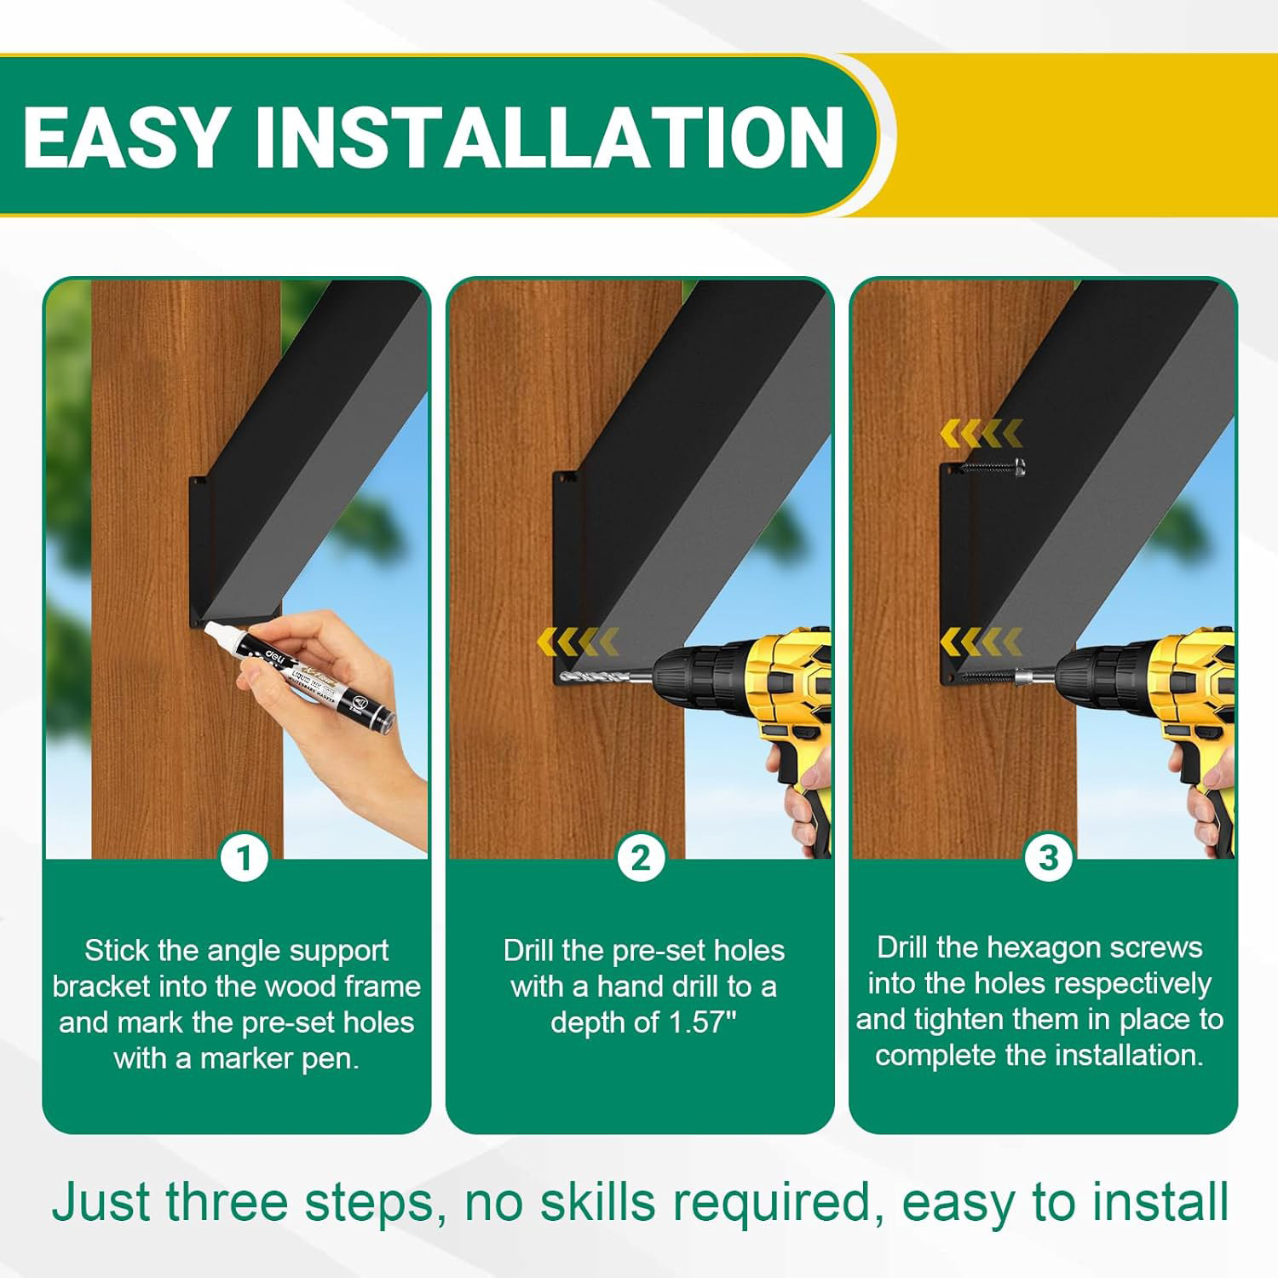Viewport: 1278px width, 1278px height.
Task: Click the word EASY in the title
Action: pyautogui.click(x=124, y=137)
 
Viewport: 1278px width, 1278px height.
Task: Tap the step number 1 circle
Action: pyautogui.click(x=245, y=858)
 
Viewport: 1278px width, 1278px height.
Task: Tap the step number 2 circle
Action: pyautogui.click(x=641, y=858)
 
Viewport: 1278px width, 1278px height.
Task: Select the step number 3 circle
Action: pyautogui.click(x=1048, y=858)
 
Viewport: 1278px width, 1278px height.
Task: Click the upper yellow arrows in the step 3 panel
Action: pyautogui.click(x=981, y=433)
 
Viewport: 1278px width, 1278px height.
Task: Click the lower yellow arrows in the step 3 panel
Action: pyautogui.click(x=981, y=641)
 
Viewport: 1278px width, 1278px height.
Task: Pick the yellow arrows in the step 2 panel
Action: pyautogui.click(x=578, y=641)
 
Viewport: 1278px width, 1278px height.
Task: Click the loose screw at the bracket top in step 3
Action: pyautogui.click(x=993, y=466)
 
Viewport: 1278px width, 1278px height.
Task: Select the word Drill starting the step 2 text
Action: pyautogui.click(x=528, y=950)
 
